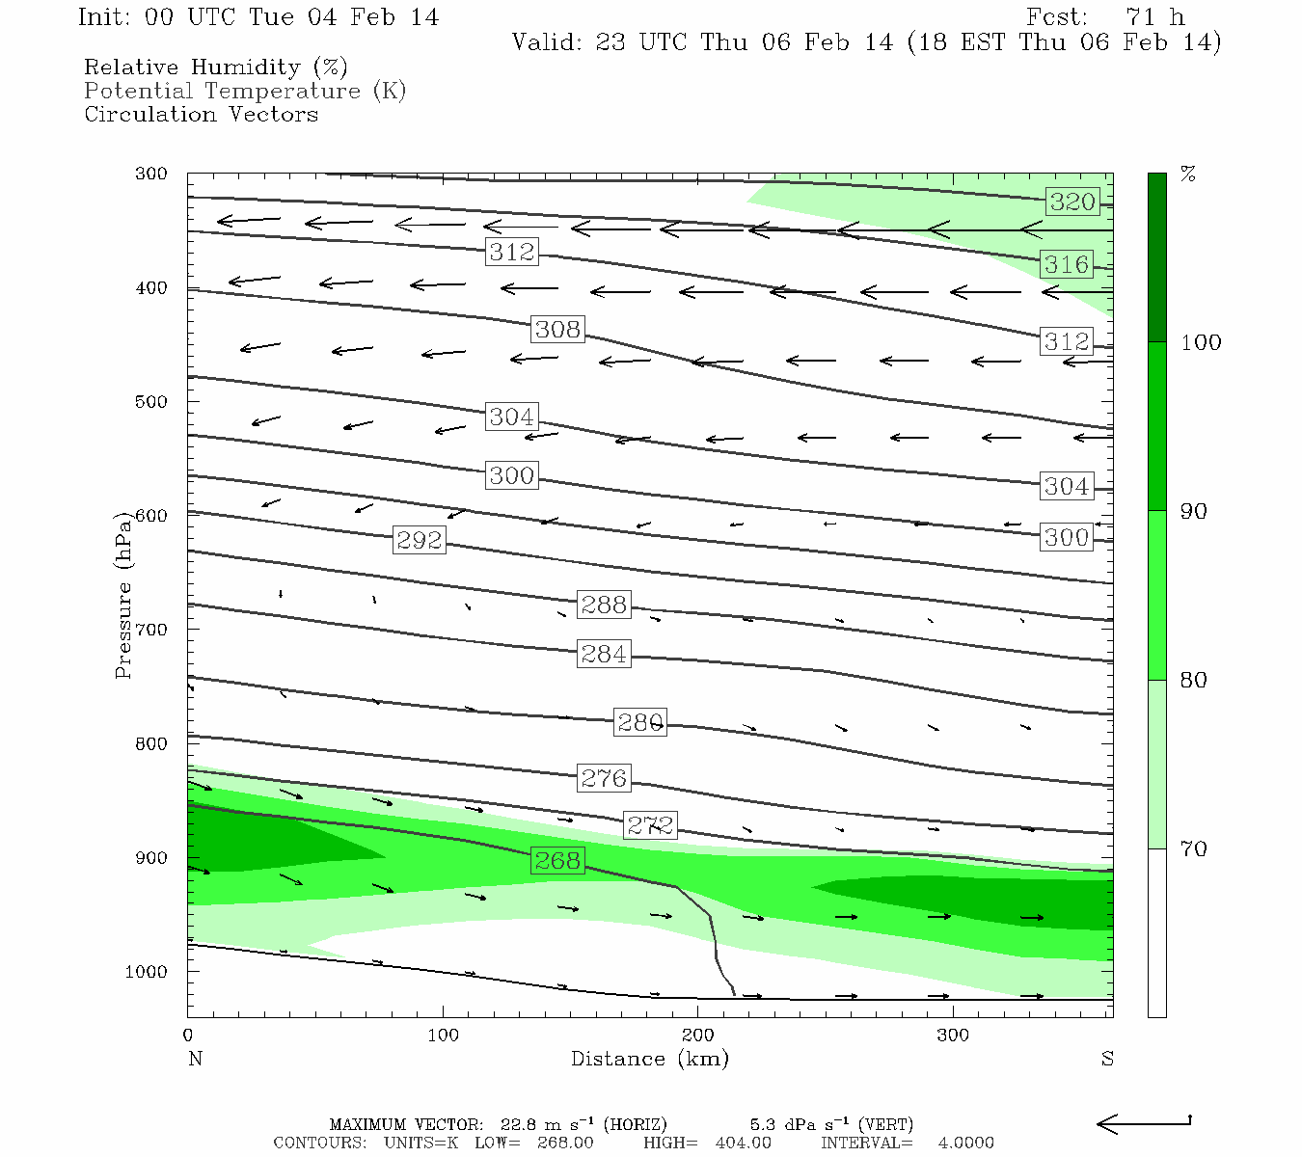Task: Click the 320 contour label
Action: tap(1072, 202)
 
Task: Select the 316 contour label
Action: tap(1066, 264)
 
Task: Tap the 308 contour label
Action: tap(557, 329)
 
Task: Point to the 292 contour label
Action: tap(419, 540)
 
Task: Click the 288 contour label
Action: tap(604, 605)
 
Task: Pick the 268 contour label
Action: tap(557, 860)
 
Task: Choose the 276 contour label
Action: tap(604, 778)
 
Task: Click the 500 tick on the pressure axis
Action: tap(151, 402)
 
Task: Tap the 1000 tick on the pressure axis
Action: tap(147, 972)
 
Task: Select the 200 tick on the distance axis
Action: tap(697, 1036)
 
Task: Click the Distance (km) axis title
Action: tap(649, 1059)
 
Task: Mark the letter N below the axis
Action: tap(195, 1059)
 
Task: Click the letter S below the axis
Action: tap(1107, 1059)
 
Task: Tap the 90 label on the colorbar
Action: tap(1193, 511)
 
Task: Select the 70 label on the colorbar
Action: tap(1193, 848)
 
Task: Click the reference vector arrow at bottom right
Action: tap(1144, 1123)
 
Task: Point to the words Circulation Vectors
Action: tap(201, 114)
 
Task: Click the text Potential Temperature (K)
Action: tap(245, 91)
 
